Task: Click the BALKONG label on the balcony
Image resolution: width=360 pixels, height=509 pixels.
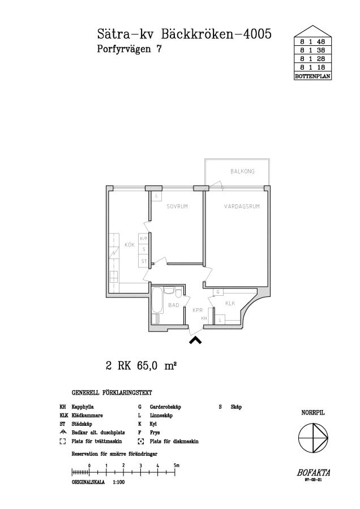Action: click(242, 171)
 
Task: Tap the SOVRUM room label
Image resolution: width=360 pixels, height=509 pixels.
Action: click(177, 206)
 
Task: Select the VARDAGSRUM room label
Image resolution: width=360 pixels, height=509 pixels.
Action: click(242, 206)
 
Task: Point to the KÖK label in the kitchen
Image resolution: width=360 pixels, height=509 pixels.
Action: click(130, 245)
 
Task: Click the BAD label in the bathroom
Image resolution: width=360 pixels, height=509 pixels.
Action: click(174, 305)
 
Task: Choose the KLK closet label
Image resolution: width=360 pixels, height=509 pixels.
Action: click(230, 304)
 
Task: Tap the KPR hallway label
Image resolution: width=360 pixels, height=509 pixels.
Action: click(198, 310)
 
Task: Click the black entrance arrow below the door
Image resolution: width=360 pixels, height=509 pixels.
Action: click(195, 340)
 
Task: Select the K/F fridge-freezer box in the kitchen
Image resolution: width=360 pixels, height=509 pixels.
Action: click(144, 239)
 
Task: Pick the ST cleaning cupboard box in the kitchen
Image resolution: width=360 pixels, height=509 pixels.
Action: click(144, 261)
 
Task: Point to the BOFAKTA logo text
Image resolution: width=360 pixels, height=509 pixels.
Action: click(313, 473)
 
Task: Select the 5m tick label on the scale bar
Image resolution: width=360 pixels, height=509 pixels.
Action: click(177, 465)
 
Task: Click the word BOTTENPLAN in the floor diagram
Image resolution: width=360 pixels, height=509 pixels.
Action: click(312, 76)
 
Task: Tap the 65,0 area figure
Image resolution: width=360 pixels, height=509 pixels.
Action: click(148, 366)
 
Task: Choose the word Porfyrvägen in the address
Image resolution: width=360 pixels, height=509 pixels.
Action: click(124, 49)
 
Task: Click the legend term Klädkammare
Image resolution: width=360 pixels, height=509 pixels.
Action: click(87, 416)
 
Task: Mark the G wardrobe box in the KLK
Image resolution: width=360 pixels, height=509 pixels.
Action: click(218, 292)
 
